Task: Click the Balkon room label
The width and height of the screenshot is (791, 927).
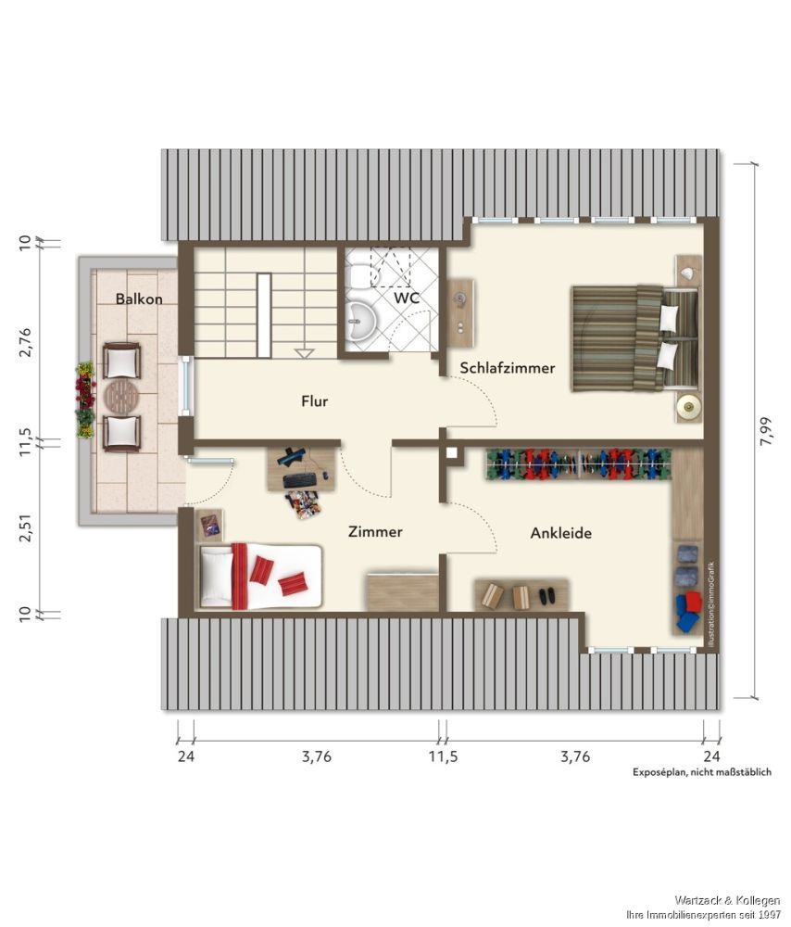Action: click(139, 298)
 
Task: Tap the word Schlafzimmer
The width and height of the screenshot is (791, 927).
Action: click(508, 368)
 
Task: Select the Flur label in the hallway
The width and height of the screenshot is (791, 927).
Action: click(314, 400)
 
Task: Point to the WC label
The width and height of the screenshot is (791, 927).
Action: click(407, 298)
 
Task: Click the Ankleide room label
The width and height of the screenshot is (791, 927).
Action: click(560, 533)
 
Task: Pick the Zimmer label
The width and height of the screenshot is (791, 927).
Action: click(375, 531)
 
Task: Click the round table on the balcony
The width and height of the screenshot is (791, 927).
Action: click(121, 395)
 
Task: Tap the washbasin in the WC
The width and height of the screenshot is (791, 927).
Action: click(359, 323)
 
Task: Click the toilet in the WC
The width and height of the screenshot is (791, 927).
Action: click(358, 275)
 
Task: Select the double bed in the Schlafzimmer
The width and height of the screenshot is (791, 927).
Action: click(635, 337)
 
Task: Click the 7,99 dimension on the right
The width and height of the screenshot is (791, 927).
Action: click(766, 431)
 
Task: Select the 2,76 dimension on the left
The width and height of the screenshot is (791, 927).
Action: click(25, 342)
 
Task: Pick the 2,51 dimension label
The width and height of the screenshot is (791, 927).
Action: click(25, 527)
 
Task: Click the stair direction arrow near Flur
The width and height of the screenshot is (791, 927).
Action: click(304, 353)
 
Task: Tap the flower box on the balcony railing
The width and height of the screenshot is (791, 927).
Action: click(85, 400)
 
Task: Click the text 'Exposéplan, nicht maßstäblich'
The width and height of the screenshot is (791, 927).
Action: click(702, 772)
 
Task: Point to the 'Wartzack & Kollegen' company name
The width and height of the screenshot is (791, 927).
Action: click(727, 900)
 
